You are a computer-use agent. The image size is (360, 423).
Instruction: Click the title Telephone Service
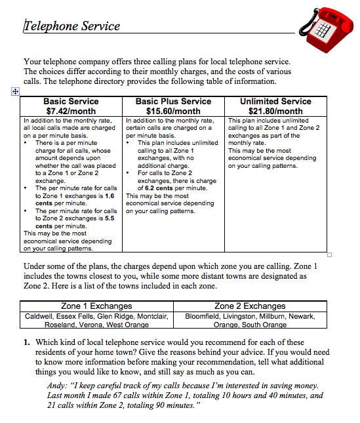pos(72,26)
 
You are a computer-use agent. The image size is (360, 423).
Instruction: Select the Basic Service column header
pos(71,102)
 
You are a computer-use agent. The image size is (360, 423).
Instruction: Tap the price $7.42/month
pos(71,111)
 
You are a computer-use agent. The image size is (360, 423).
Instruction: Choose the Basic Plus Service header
pos(173,102)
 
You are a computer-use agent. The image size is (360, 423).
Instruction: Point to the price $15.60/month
pos(173,111)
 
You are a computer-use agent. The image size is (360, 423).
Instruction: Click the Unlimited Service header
pos(275,102)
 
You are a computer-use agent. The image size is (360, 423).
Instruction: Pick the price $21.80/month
pos(275,111)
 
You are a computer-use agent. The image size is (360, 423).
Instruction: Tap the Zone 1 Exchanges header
pos(96,306)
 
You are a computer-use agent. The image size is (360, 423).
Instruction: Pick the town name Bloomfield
pos(203,315)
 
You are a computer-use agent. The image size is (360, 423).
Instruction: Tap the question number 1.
pos(27,342)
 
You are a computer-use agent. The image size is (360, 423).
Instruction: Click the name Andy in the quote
pos(58,386)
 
